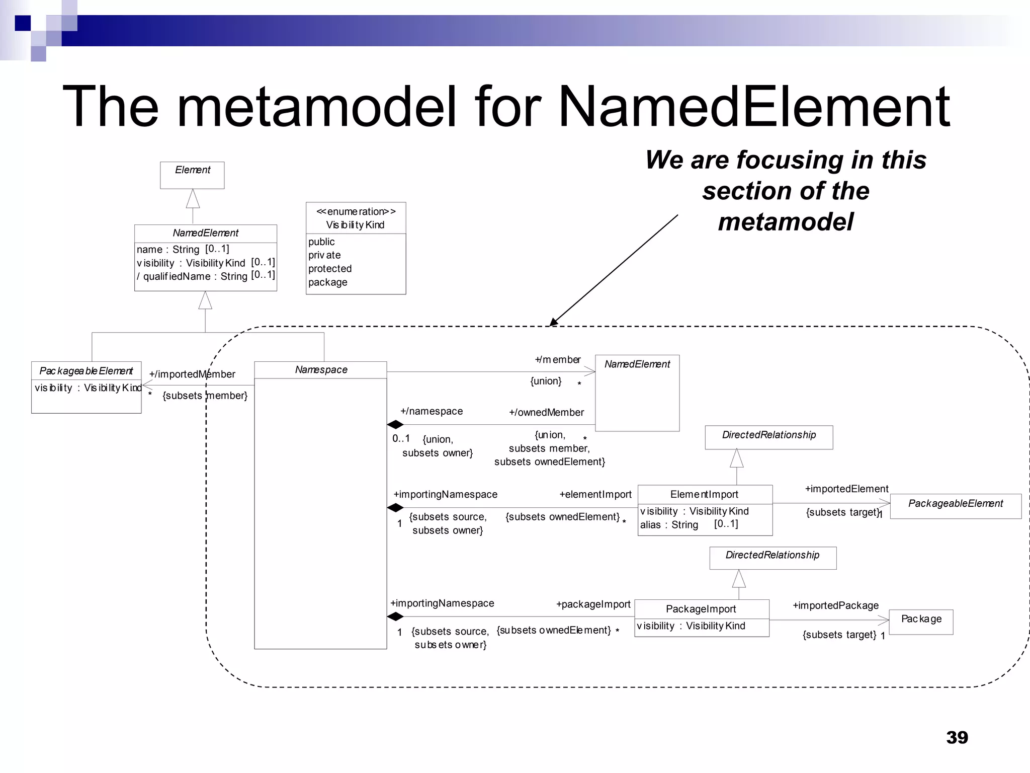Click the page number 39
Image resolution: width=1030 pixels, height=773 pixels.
click(x=957, y=737)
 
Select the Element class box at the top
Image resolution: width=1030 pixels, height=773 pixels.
click(x=192, y=175)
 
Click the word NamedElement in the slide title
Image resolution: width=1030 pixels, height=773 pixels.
click(x=754, y=107)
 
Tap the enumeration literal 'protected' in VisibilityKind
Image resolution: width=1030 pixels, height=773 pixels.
click(x=330, y=269)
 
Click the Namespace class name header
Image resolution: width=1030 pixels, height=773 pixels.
click(x=321, y=370)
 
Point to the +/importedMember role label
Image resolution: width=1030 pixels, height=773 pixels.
click(x=192, y=374)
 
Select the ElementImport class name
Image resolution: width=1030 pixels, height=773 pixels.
click(x=704, y=495)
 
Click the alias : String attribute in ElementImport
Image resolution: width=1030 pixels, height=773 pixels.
click(x=669, y=525)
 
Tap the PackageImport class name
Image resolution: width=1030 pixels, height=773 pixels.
click(x=701, y=609)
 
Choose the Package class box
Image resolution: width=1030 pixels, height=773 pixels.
click(x=921, y=622)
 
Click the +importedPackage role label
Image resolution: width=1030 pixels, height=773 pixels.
click(x=835, y=605)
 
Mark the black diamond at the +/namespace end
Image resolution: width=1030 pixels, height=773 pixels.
click(x=395, y=425)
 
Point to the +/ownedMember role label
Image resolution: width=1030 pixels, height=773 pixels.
click(x=546, y=413)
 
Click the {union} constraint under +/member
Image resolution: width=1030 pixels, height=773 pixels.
click(x=546, y=381)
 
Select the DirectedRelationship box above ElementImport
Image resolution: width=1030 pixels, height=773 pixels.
click(x=768, y=436)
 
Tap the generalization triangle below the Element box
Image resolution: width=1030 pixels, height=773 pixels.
click(x=193, y=199)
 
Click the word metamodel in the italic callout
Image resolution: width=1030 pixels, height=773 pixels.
click(x=786, y=222)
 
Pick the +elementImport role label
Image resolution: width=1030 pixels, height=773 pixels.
click(x=595, y=495)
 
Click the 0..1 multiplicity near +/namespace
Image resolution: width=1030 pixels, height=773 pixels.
click(x=401, y=438)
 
